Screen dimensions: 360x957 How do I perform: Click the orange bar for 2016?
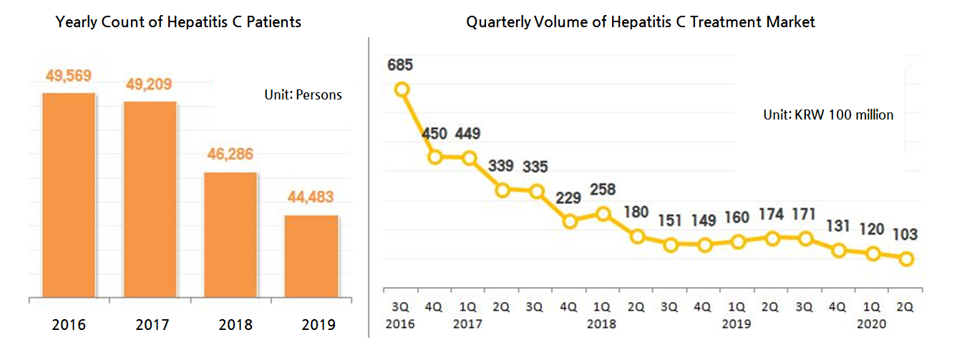pyautogui.click(x=69, y=195)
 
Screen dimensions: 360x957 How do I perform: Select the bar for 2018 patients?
pyautogui.click(x=230, y=234)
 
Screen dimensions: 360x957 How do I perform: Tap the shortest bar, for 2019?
pyautogui.click(x=311, y=256)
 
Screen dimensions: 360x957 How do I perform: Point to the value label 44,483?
pyautogui.click(x=311, y=197)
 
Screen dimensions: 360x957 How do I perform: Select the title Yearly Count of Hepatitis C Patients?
pyautogui.click(x=178, y=22)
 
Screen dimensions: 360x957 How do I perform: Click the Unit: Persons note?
pyautogui.click(x=303, y=94)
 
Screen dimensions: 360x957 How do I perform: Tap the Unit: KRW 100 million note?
pyautogui.click(x=829, y=115)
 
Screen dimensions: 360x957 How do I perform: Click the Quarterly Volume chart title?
pyautogui.click(x=641, y=22)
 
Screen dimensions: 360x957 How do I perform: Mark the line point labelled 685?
pyautogui.click(x=402, y=89)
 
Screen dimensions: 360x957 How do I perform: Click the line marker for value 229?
pyautogui.click(x=570, y=221)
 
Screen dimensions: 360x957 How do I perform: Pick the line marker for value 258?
pyautogui.click(x=604, y=213)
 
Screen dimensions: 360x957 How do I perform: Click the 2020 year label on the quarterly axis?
pyautogui.click(x=873, y=323)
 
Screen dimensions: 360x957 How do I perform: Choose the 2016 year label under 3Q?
pyautogui.click(x=402, y=323)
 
